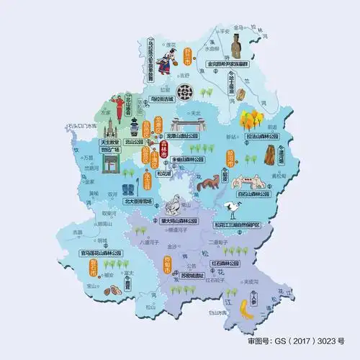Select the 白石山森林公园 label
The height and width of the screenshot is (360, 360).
(x=253, y=194)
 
